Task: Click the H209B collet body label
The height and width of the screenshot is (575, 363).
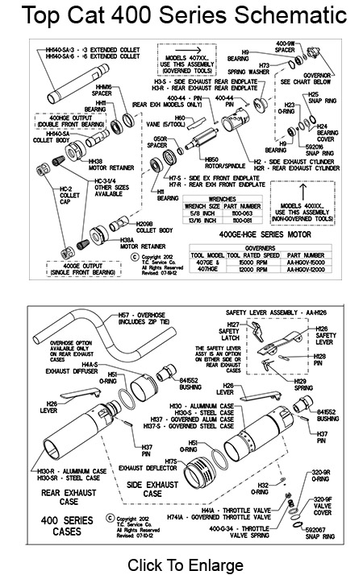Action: (154, 227)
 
